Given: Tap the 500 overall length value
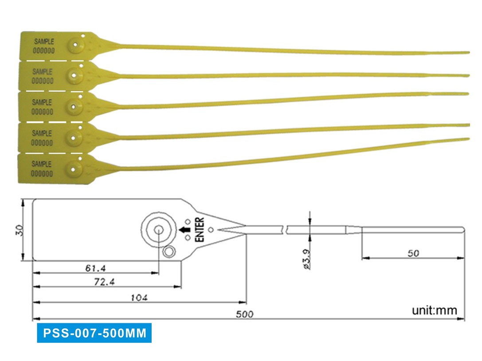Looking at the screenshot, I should [x=244, y=314].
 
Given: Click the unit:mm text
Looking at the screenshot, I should [x=434, y=310].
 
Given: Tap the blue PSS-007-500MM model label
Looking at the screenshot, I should [x=94, y=333].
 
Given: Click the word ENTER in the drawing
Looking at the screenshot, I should [x=200, y=229].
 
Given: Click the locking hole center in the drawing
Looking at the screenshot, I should [x=158, y=229].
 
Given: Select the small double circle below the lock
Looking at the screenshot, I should [x=169, y=252].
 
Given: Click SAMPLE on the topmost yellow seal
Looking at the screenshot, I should [x=43, y=42].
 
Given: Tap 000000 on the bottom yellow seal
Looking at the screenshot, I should [x=43, y=173].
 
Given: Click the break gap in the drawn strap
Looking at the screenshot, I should [x=284, y=229].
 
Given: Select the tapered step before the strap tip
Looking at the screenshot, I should [x=353, y=229].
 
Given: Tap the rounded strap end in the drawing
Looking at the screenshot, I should [x=463, y=229].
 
